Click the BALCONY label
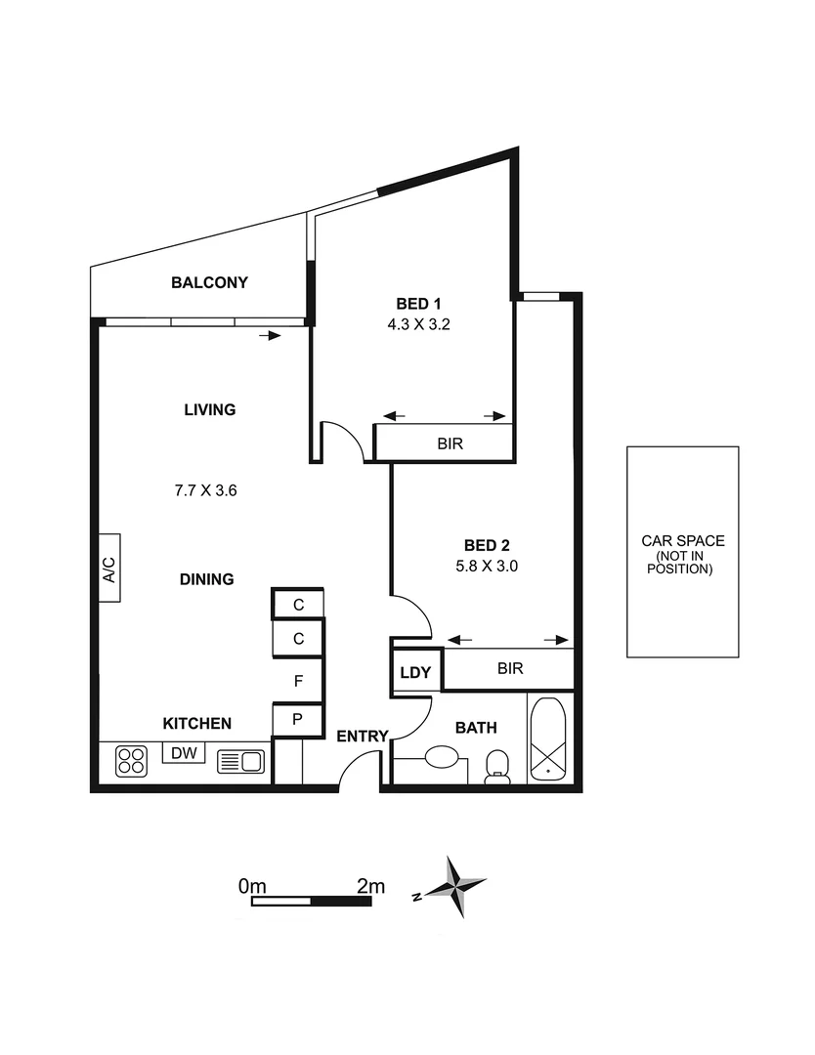click(209, 283)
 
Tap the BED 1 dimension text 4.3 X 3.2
click(418, 324)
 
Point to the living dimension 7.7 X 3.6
click(206, 491)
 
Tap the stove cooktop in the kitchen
click(131, 761)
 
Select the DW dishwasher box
click(183, 753)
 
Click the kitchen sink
click(239, 761)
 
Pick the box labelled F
click(299, 680)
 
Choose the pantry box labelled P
click(299, 719)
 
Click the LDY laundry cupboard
click(415, 673)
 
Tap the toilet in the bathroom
click(497, 765)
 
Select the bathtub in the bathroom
click(547, 738)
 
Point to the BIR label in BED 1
click(450, 443)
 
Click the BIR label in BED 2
click(510, 669)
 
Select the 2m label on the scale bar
click(370, 887)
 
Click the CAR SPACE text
click(682, 540)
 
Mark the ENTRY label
click(363, 736)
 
